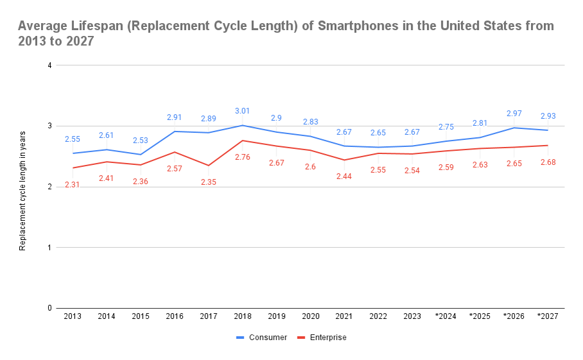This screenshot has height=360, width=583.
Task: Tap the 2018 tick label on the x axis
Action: pos(242,317)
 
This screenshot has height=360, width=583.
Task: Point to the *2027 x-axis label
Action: pos(547,317)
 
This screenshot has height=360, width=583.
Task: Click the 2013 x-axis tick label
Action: pos(72,317)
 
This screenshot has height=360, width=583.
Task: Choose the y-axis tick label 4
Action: pos(50,65)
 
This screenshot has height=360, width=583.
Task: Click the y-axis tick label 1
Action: pos(50,247)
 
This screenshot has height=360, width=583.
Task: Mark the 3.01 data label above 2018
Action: pos(242,112)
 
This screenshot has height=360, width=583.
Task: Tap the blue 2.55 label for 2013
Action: pos(72,139)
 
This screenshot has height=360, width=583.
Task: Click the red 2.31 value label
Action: pos(72,185)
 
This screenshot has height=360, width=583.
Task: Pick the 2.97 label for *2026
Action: pos(514,114)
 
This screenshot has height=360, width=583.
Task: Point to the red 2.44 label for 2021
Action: pos(344,176)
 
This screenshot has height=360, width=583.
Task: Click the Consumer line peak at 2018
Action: pos(242,125)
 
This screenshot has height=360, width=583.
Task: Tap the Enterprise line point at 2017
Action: pos(208,166)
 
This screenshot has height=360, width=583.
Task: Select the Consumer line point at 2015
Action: pos(140,155)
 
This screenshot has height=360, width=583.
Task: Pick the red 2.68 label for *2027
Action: pos(547,162)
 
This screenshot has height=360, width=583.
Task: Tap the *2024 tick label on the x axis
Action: pos(446,317)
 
